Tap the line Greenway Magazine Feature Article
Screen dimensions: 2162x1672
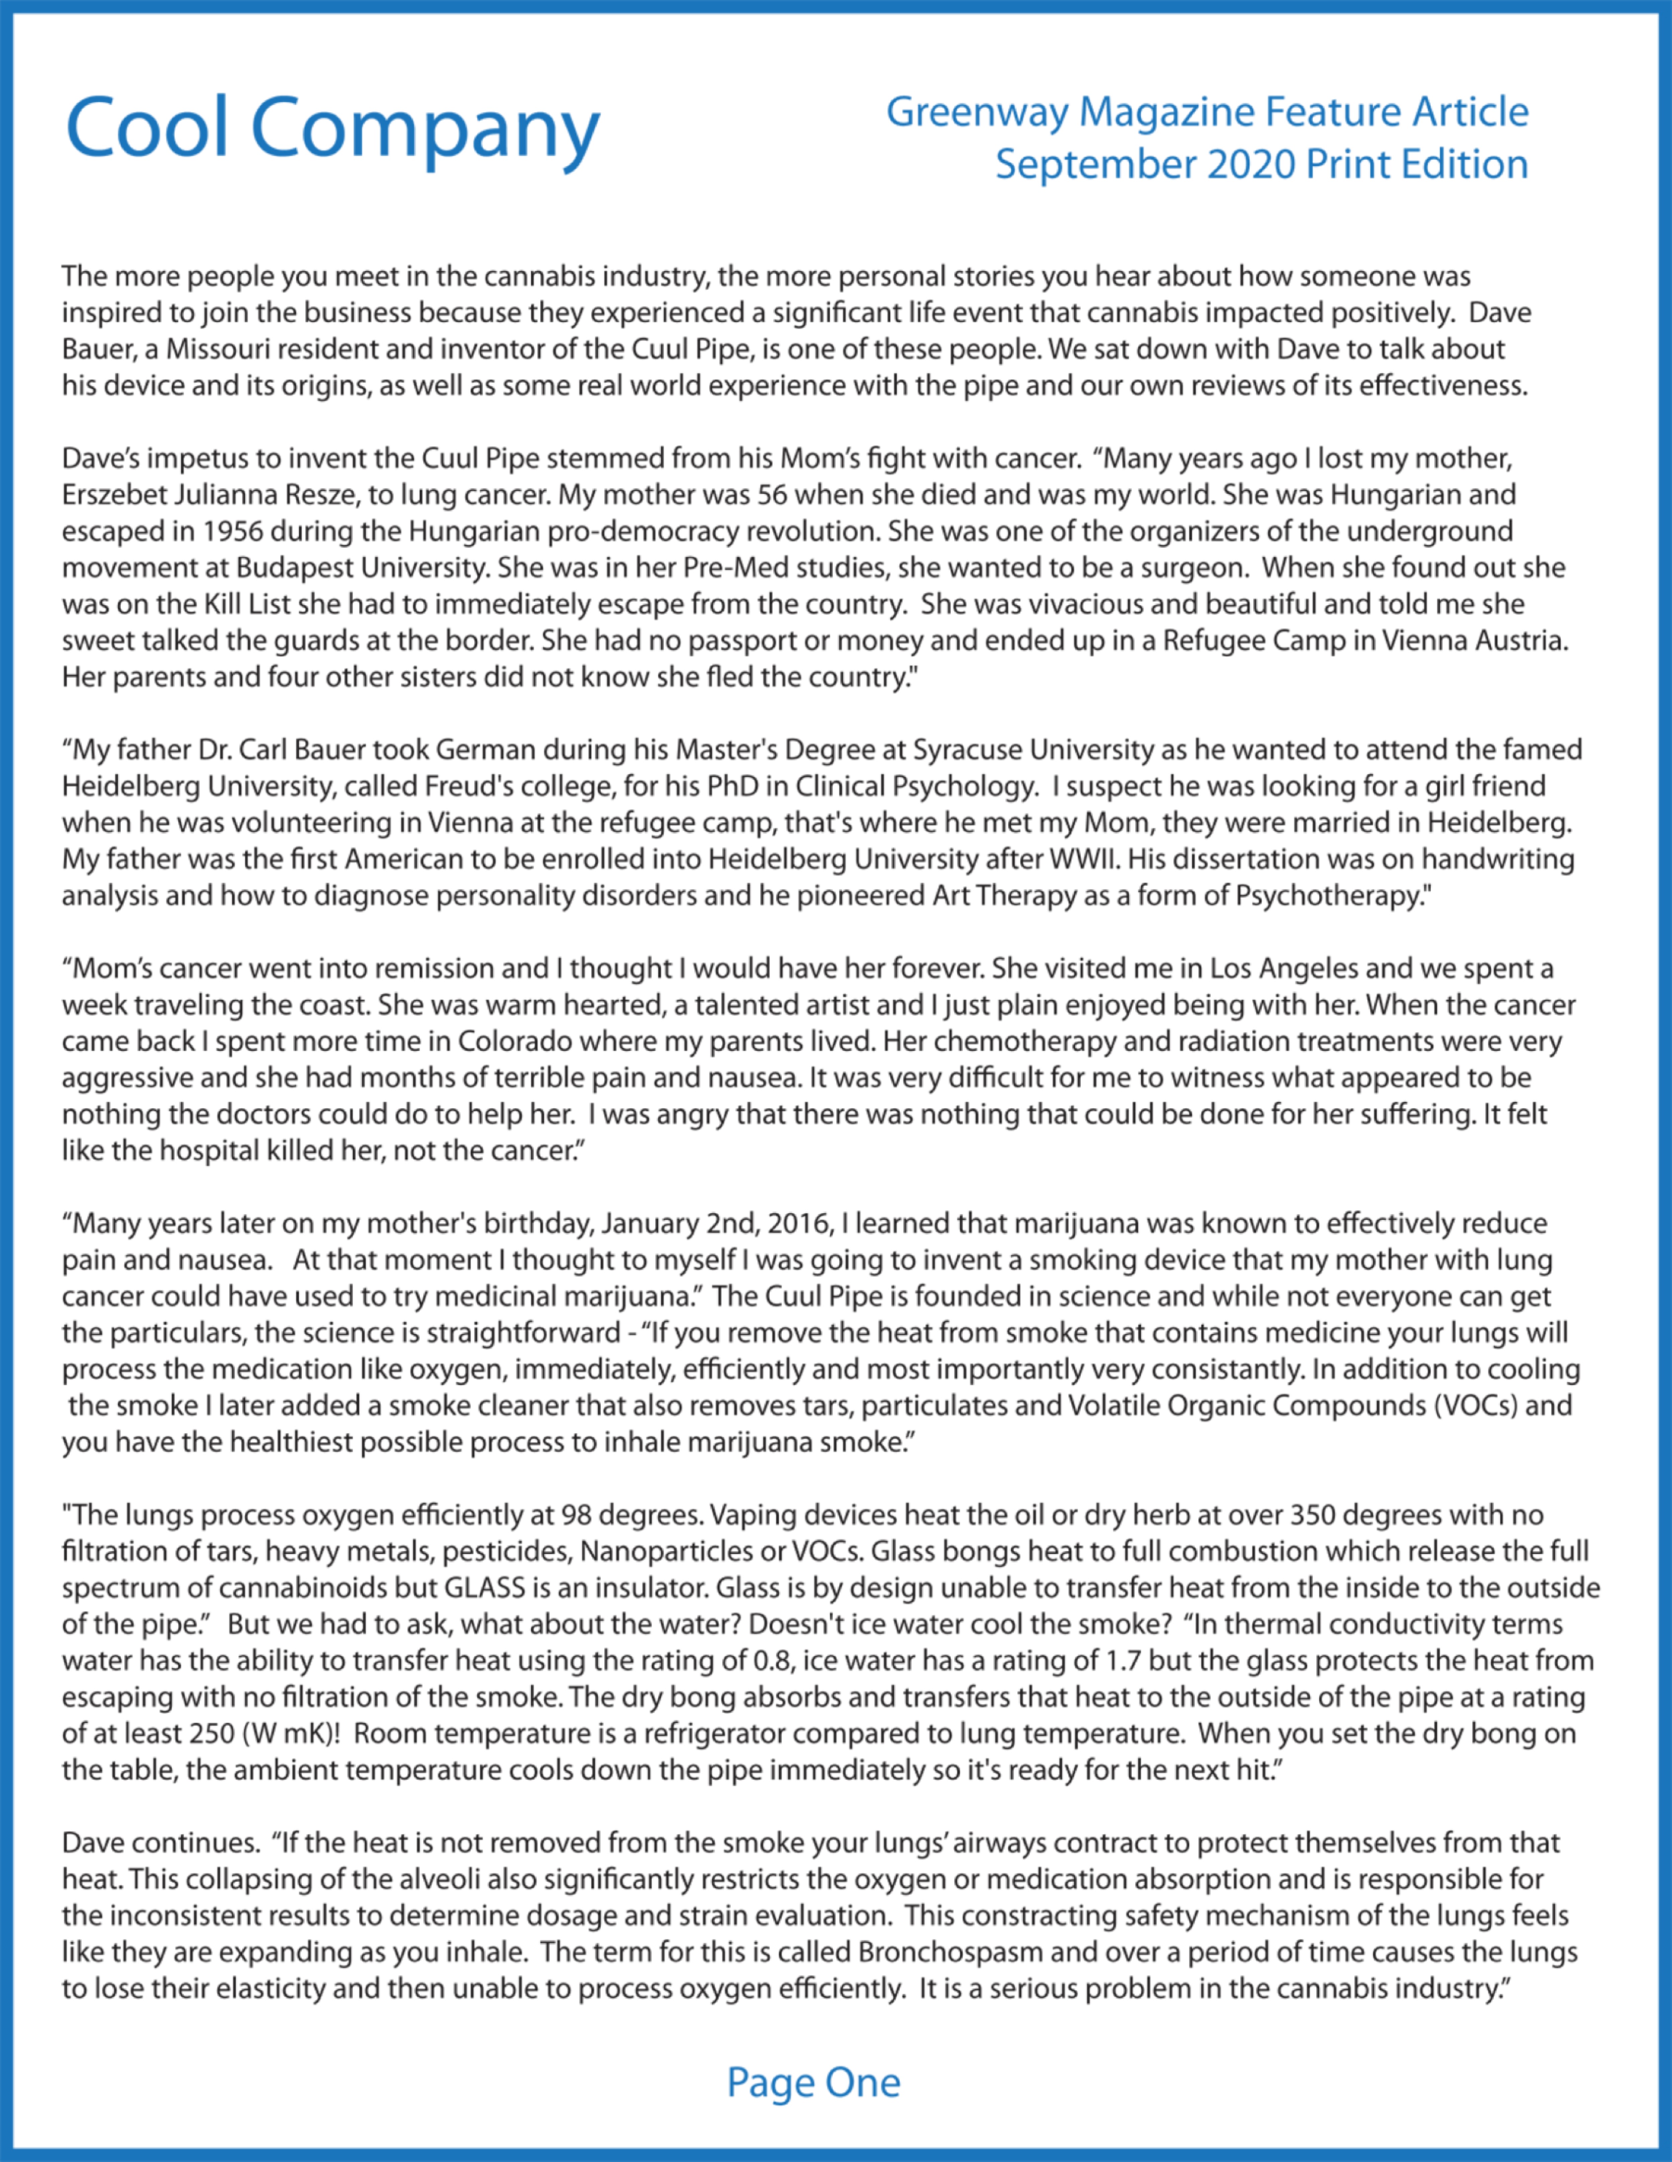(x=1207, y=112)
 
